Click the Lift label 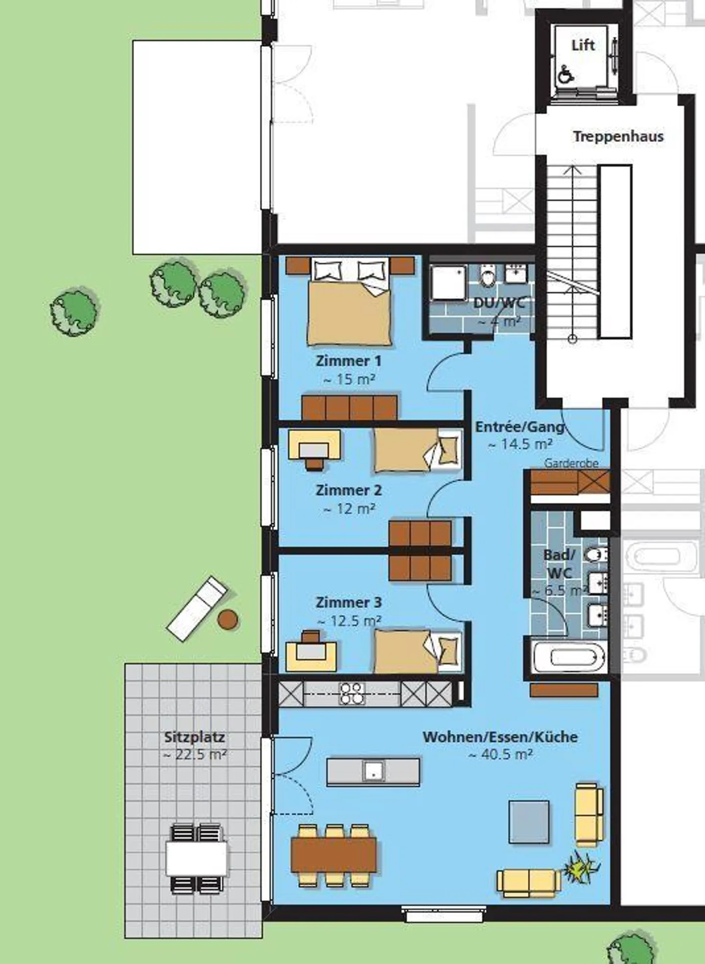point(583,46)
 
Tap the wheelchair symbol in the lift point(566,75)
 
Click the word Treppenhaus point(618,136)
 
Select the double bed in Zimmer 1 point(350,308)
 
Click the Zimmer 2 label point(348,490)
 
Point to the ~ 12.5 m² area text point(349,621)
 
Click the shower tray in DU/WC point(448,282)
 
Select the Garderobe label point(571,463)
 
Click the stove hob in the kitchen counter point(352,693)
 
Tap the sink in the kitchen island point(373,771)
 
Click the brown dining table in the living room point(334,855)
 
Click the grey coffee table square point(529,822)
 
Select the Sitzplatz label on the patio point(194,737)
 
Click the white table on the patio point(196,858)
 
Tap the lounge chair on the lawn point(197,609)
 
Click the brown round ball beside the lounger point(228,619)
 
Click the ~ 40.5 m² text point(500,754)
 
